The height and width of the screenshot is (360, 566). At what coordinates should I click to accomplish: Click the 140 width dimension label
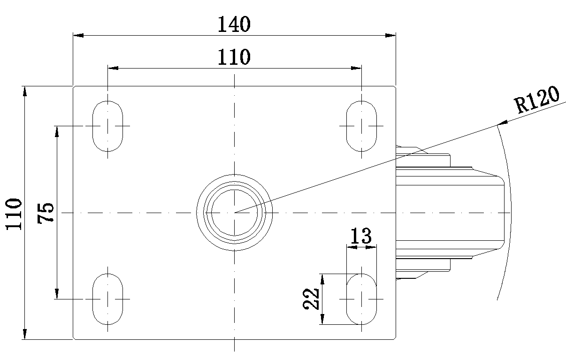pos(234,24)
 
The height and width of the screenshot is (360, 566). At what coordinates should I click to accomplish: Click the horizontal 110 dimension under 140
pos(234,57)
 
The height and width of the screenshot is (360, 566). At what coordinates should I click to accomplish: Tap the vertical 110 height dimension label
pos(15,214)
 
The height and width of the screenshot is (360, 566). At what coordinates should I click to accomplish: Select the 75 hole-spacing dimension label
pos(47,213)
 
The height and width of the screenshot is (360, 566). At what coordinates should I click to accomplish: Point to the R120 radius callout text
pos(537,100)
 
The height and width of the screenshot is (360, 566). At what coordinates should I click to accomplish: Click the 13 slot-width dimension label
pos(361,236)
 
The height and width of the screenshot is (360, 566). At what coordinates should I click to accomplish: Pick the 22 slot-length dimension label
pos(311,299)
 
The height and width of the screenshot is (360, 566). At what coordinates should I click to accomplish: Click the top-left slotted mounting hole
pos(107,126)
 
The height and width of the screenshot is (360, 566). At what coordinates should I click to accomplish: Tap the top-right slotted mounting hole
pos(361,126)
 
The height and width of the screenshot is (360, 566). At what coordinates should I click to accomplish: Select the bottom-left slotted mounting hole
pos(107,299)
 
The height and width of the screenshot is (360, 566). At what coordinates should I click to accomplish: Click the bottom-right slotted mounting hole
pos(361,299)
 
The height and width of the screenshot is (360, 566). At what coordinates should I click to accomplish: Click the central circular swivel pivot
pos(234,213)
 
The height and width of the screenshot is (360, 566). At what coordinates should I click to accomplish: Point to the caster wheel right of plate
pos(451,213)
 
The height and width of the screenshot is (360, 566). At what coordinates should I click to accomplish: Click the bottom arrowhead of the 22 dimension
pos(322,320)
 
